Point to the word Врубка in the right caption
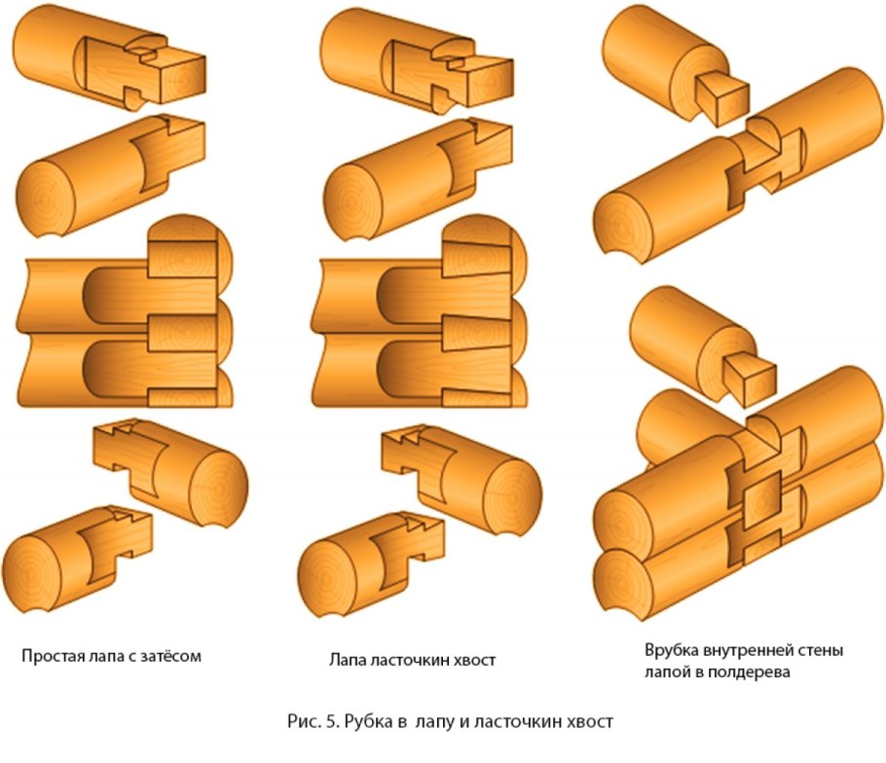coord(672,650)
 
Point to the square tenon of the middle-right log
coord(750,378)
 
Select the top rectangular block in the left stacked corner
coord(182,259)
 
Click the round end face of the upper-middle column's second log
coord(352,201)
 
